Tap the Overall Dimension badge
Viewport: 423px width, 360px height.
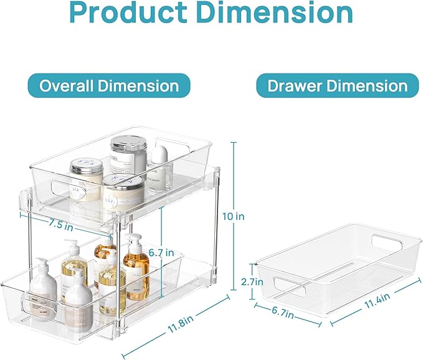point(110,86)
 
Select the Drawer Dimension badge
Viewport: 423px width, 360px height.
point(338,86)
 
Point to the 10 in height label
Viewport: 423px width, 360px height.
point(234,217)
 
